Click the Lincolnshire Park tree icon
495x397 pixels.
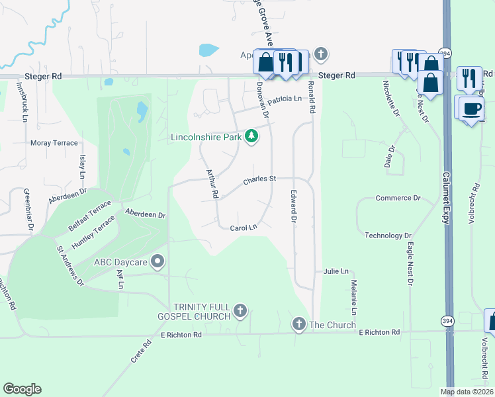(251, 137)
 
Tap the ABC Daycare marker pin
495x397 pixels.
(157, 261)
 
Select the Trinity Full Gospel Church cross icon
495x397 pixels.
(240, 310)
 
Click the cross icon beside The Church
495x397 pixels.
(298, 324)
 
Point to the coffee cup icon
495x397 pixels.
(471, 109)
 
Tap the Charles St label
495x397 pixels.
(259, 179)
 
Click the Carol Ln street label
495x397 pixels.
(243, 228)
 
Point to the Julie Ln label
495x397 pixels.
(336, 271)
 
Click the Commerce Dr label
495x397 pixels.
(398, 198)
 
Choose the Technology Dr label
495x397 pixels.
(388, 236)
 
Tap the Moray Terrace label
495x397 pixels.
(55, 142)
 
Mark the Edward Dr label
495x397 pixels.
(292, 206)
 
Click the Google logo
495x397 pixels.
(22, 389)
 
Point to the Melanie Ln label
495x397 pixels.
(354, 297)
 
